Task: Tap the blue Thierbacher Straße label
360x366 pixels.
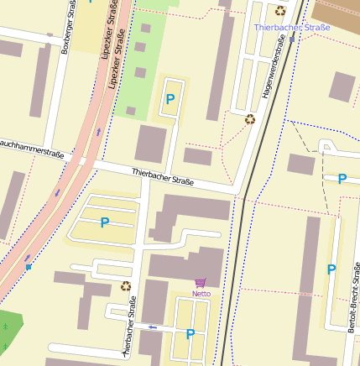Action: pos(292,27)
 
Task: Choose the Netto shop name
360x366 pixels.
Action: pos(201,294)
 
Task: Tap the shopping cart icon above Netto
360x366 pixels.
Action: pos(201,283)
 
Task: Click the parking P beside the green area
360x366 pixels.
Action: pos(170,100)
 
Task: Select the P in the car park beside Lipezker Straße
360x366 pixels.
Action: pos(105,222)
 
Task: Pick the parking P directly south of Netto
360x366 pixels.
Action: pos(190,333)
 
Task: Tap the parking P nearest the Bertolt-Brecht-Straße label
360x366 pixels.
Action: pos(331,269)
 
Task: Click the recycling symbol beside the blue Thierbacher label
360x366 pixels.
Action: pos(279,11)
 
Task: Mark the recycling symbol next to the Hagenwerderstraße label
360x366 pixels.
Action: pos(249,118)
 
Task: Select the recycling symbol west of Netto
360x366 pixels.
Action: pos(126,285)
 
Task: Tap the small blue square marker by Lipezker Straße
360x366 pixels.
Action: pos(29,266)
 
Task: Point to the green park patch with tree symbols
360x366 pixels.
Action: pos(8,332)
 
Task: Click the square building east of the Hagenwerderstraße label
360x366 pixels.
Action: pos(342,86)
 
